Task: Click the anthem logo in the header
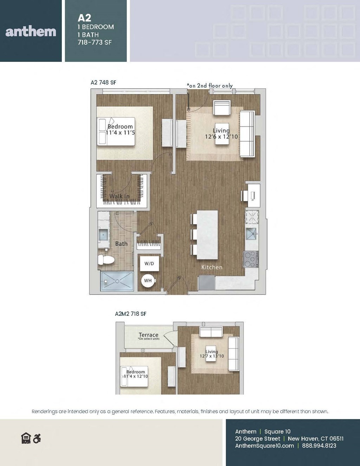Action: (31, 32)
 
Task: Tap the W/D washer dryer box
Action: (149, 263)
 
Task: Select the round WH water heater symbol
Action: (148, 281)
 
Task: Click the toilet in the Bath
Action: (107, 260)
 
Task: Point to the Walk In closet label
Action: (120, 196)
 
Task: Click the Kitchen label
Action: (212, 267)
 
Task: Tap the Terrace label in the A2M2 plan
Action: (148, 335)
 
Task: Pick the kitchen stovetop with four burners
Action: (250, 260)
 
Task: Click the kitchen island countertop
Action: (207, 235)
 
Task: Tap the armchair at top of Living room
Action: (222, 108)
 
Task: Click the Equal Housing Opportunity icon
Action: (26, 439)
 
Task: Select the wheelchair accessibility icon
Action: (37, 439)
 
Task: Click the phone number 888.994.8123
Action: (319, 446)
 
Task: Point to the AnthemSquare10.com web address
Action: (264, 446)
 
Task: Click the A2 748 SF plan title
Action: (103, 82)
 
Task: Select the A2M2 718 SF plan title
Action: (130, 314)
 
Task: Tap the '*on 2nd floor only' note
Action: (210, 85)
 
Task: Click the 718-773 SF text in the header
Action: (95, 42)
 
